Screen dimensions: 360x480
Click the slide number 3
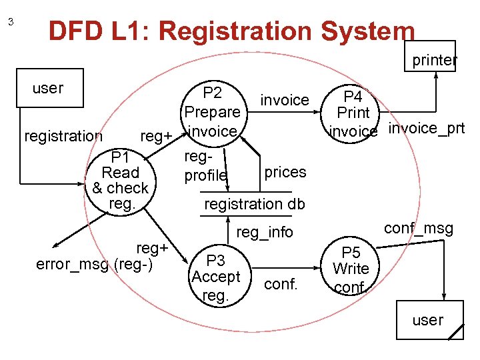[x=11, y=22]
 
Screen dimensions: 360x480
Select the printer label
[x=434, y=60]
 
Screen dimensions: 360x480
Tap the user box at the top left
[x=49, y=87]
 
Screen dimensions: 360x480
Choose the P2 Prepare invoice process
[x=212, y=112]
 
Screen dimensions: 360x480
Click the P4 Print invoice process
[x=353, y=113]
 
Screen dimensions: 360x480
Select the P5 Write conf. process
[x=351, y=269]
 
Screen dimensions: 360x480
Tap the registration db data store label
[x=254, y=204]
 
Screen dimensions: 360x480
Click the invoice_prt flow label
[x=426, y=128]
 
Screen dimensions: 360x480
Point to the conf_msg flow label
[x=419, y=229]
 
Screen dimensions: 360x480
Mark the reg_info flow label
[x=265, y=232]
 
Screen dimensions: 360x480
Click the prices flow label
[x=285, y=172]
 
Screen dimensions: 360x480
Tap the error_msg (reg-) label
[x=94, y=264]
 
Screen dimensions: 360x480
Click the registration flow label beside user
[x=63, y=136]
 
